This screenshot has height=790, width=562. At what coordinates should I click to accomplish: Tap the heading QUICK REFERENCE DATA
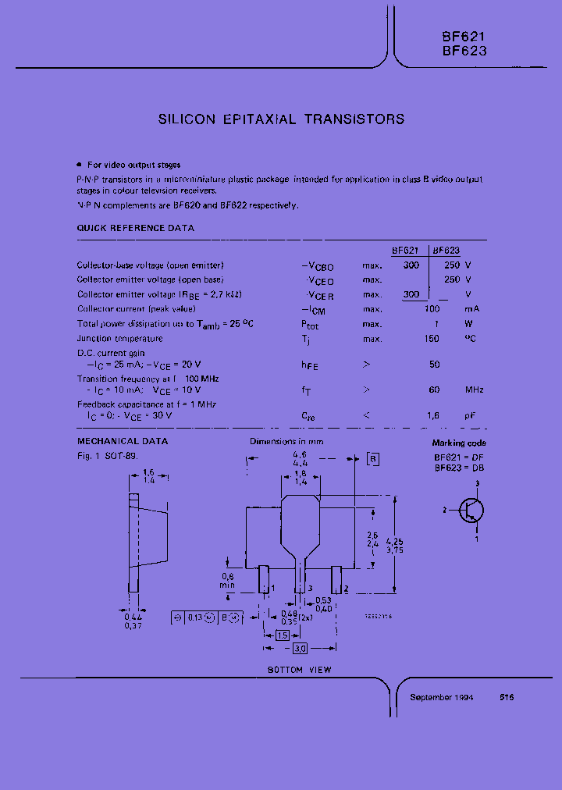click(x=135, y=228)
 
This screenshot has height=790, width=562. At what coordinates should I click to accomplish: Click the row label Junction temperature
click(x=119, y=339)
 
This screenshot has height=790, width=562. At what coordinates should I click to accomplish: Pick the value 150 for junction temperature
click(x=431, y=339)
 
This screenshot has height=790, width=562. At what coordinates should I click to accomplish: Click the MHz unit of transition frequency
click(x=474, y=390)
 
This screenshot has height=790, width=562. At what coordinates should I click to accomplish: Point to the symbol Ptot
click(x=310, y=325)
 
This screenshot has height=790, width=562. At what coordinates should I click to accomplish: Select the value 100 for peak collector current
click(x=431, y=309)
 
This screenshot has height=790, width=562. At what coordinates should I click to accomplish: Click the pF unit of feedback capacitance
click(x=471, y=416)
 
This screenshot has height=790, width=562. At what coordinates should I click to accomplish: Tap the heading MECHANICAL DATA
click(x=122, y=441)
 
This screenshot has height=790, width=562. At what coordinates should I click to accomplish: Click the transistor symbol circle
click(x=471, y=511)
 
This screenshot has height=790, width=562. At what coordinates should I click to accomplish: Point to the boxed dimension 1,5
click(x=283, y=635)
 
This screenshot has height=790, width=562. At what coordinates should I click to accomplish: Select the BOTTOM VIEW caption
click(x=300, y=670)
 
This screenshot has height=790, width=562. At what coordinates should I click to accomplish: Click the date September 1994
click(x=442, y=697)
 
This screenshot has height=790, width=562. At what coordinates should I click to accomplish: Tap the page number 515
click(x=507, y=697)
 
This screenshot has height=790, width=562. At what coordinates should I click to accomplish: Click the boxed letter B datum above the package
click(x=373, y=459)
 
